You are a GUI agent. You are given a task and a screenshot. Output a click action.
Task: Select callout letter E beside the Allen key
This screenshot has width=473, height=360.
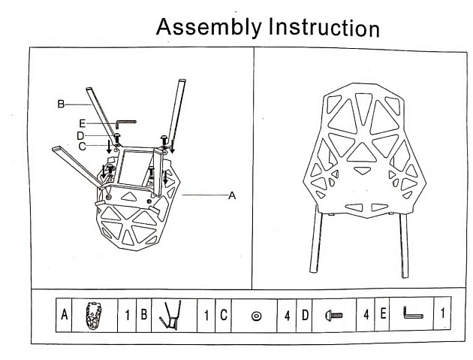pyautogui.click(x=82, y=122)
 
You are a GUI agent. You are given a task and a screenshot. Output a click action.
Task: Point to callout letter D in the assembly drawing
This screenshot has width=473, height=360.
pyautogui.click(x=81, y=135)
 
